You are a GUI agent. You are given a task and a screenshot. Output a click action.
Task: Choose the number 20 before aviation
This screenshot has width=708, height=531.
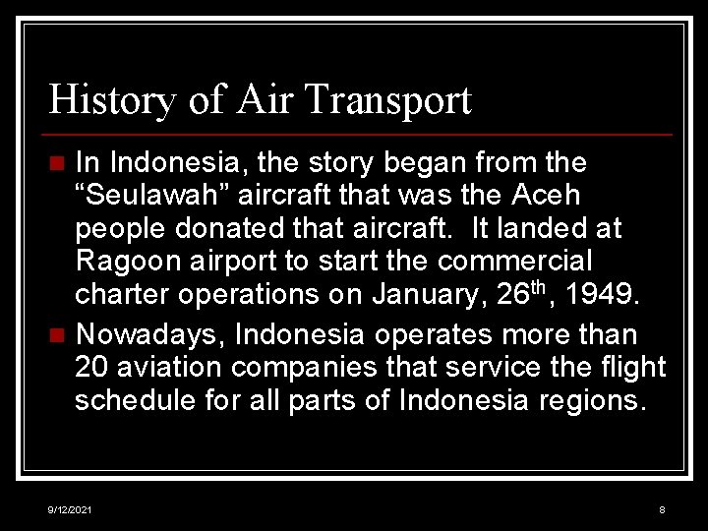90,368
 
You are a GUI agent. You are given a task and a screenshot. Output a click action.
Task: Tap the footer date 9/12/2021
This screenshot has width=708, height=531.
71,509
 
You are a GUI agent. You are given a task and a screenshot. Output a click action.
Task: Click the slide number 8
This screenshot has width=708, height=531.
662,509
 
